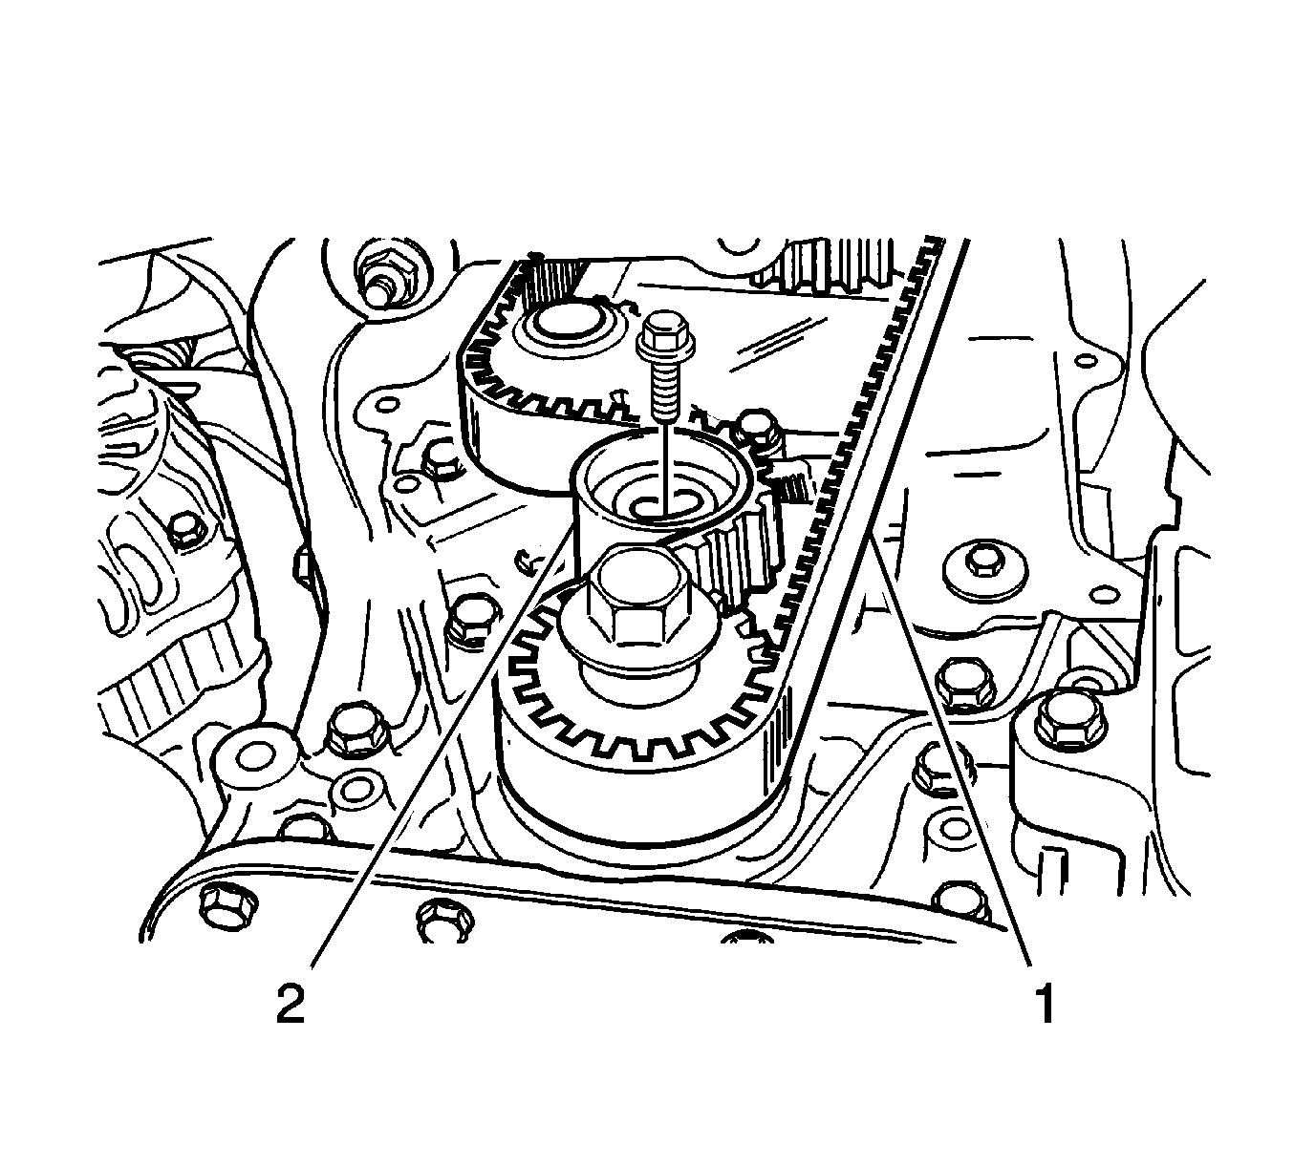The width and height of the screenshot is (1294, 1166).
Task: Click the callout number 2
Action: point(291,1006)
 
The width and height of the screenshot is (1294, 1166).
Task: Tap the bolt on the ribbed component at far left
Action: point(183,530)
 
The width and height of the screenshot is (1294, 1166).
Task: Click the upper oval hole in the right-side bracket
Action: point(1086,363)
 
